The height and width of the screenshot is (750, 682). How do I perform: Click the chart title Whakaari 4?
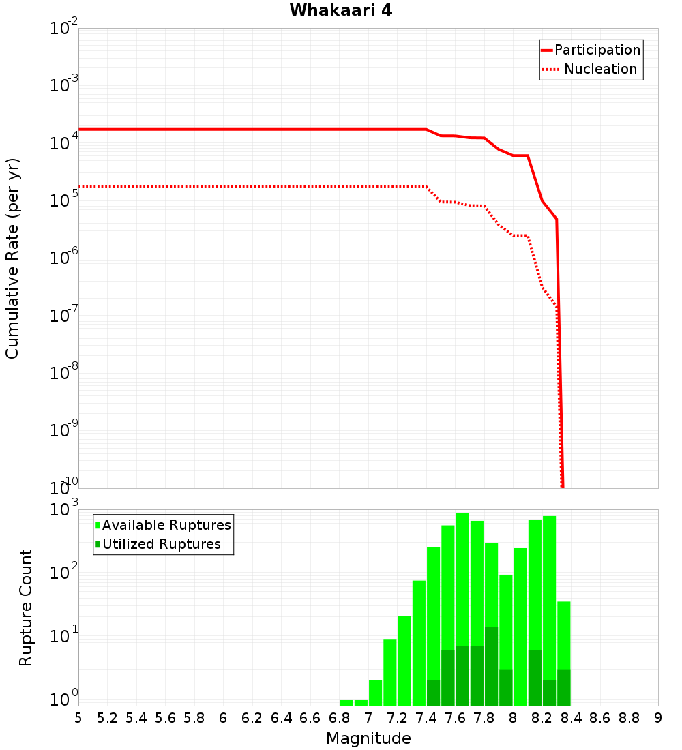click(x=340, y=11)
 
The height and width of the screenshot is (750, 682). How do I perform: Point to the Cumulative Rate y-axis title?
click(x=12, y=258)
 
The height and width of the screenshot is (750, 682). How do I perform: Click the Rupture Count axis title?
click(x=26, y=607)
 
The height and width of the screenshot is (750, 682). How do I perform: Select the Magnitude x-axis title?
click(x=368, y=738)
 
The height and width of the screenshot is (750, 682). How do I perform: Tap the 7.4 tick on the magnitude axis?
click(x=426, y=718)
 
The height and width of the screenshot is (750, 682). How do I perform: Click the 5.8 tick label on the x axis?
click(x=194, y=718)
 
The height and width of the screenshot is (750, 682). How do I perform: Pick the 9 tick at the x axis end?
click(x=657, y=718)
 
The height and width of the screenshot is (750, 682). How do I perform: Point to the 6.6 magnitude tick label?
click(x=310, y=718)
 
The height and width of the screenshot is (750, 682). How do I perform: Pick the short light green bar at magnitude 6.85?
click(x=346, y=702)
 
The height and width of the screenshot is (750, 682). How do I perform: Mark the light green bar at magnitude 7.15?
click(x=390, y=672)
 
